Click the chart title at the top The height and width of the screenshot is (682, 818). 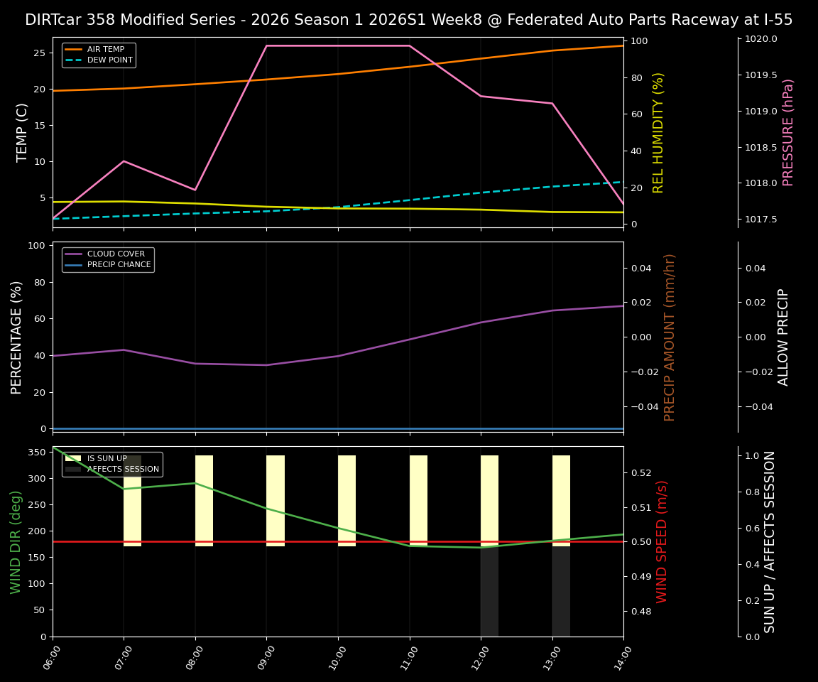click(x=408, y=20)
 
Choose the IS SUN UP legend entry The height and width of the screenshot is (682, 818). click(x=107, y=459)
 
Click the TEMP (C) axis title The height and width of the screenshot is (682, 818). click(x=23, y=132)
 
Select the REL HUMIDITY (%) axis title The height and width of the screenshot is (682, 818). click(x=658, y=132)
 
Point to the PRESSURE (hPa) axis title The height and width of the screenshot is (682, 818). click(x=788, y=132)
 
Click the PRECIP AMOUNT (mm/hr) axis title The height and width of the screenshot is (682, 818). click(x=670, y=337)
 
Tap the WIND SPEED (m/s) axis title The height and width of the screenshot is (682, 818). click(x=662, y=541)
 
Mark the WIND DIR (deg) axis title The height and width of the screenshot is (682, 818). click(x=16, y=541)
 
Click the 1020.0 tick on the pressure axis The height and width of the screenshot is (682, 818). click(x=760, y=39)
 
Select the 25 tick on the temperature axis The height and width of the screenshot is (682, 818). click(x=40, y=53)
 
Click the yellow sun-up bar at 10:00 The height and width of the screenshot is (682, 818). click(x=347, y=501)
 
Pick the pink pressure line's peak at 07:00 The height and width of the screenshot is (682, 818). click(x=124, y=161)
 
